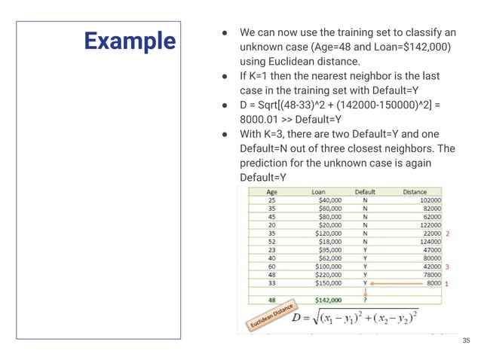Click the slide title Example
point(129,40)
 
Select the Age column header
point(271,192)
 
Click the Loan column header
point(319,192)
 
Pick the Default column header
point(365,192)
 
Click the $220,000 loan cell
point(329,275)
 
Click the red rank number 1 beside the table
point(446,285)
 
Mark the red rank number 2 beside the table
point(448,233)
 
